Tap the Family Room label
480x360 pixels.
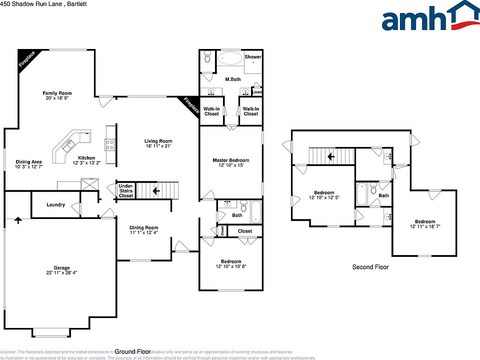point(56,93)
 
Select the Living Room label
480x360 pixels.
point(158,141)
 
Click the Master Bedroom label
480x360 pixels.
point(230,160)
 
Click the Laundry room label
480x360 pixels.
point(55,204)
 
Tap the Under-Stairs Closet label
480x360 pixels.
point(126,191)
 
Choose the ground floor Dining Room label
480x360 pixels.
point(144,227)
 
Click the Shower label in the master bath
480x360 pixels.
point(253,57)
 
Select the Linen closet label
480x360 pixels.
point(257,92)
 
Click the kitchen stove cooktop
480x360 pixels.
point(110,145)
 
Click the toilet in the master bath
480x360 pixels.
point(208,58)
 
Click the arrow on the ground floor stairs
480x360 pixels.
point(156,190)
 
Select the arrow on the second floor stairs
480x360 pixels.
point(330,156)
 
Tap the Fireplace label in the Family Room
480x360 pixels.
point(27,59)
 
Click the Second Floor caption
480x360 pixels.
point(370,267)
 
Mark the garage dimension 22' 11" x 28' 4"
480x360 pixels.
point(62,273)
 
